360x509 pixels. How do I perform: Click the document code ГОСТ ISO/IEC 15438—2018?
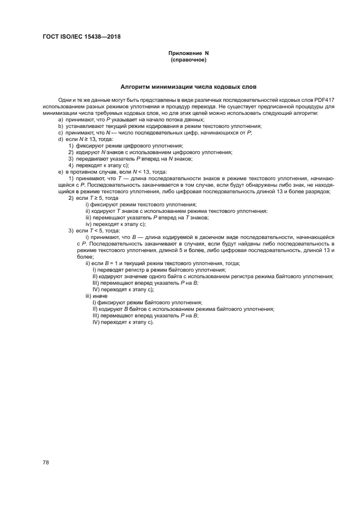pos(81,37)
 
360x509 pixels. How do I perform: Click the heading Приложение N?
pos(188,53)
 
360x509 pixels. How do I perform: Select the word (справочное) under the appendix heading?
pos(188,60)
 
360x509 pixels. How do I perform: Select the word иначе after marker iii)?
pos(101,296)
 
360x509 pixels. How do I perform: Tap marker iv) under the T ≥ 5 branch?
pos(89,224)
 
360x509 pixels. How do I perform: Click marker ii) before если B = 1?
pos(88,263)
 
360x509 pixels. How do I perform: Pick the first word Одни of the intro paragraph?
pos(65,101)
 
